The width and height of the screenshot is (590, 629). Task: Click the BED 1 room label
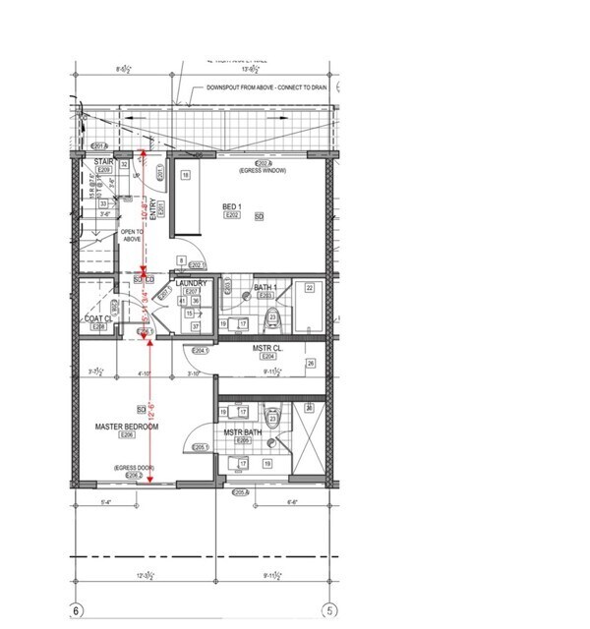pos(232,206)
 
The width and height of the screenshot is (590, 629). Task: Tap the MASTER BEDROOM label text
pos(127,427)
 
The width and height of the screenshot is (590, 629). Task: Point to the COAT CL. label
pos(98,317)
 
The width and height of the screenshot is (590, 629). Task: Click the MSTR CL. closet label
pos(267,348)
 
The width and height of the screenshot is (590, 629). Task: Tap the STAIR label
pos(104,161)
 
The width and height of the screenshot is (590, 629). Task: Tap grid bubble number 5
pos(331,611)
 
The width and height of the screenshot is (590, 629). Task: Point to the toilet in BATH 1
pos(272,319)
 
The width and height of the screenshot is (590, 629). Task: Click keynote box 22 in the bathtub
pos(309,288)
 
